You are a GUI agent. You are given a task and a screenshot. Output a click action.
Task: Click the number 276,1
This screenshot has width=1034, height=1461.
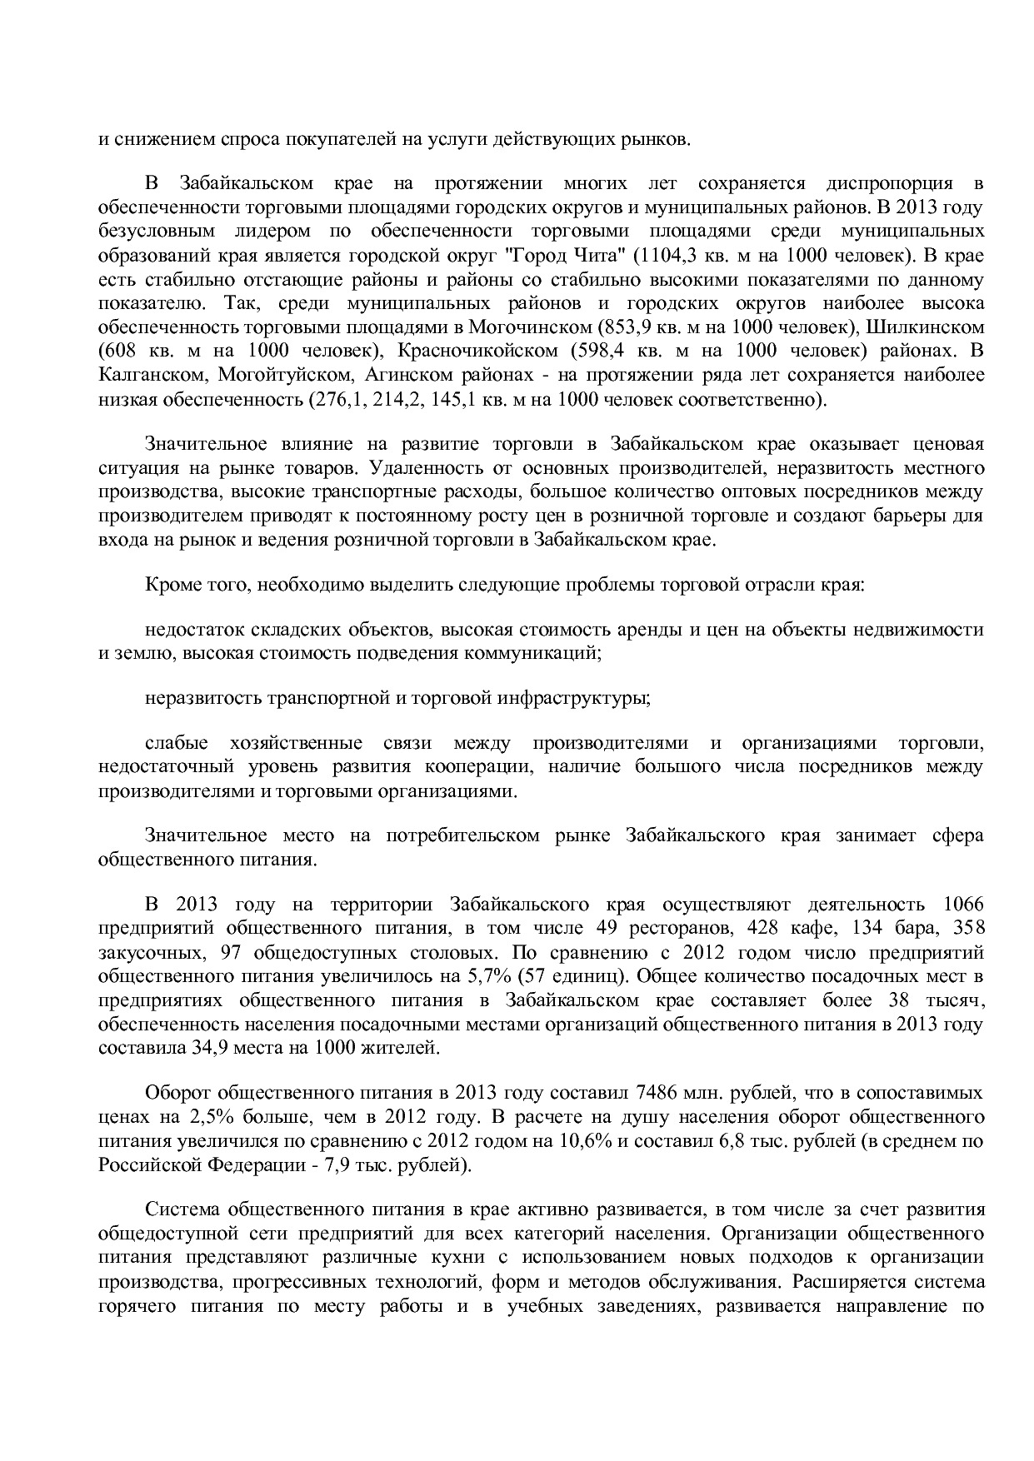[x=335, y=398]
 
